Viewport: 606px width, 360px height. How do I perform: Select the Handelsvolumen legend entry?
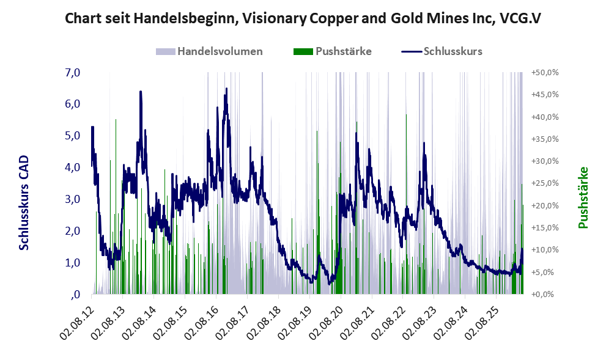210,51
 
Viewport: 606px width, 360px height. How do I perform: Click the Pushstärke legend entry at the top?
333,51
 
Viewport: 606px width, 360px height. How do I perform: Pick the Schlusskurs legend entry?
442,51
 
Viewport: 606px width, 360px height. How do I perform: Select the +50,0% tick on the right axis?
545,72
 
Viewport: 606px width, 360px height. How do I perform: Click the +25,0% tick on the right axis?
545,183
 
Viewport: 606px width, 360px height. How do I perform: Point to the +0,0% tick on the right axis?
545,295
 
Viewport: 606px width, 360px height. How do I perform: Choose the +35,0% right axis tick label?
545,139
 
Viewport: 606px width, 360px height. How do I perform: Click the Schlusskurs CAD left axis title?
24,202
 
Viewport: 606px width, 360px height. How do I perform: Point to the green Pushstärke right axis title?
583,197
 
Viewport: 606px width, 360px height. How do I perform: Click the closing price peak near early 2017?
226,89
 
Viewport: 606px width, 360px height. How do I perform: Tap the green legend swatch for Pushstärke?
303,52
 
